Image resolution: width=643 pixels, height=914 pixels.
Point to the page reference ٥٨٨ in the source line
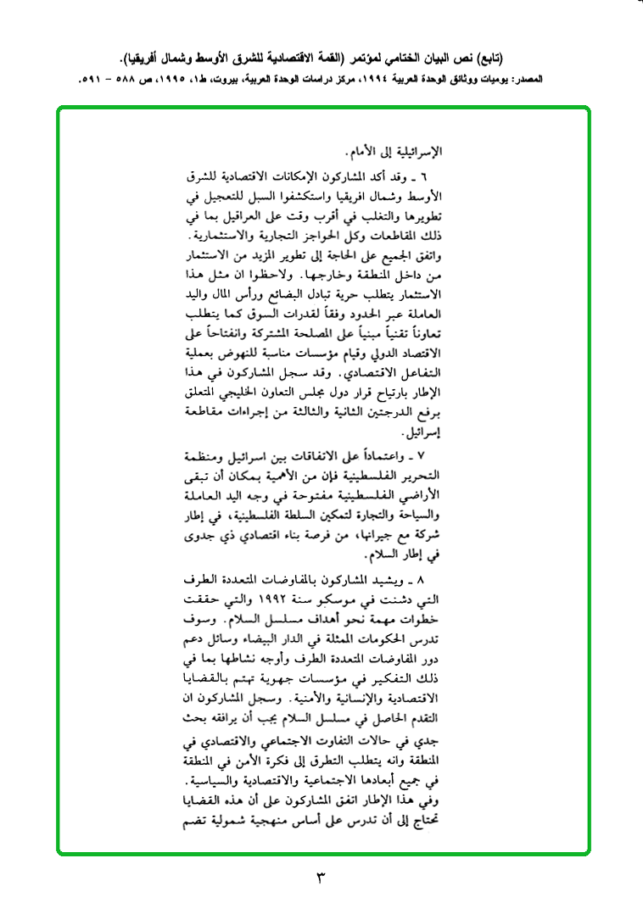coord(126,80)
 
